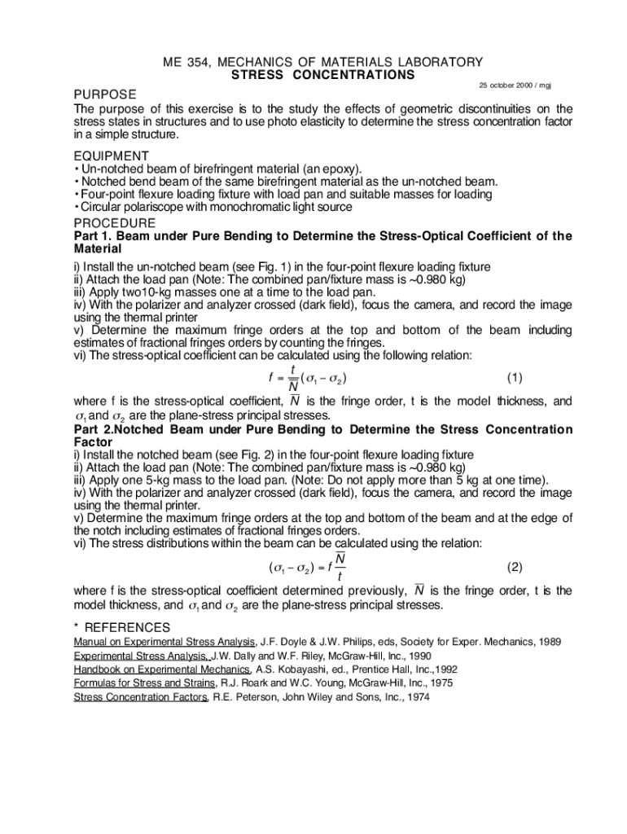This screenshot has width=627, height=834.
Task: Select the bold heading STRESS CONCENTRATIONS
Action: [x=323, y=75]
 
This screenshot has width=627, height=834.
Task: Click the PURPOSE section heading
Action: [x=105, y=94]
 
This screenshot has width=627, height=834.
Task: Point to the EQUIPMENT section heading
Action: [x=112, y=156]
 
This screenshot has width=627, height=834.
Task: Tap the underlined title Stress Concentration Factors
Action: [x=142, y=697]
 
